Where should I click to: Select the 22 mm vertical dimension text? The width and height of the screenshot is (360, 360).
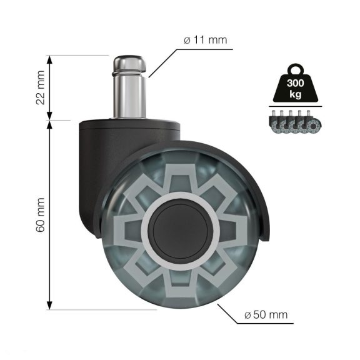tap(41, 87)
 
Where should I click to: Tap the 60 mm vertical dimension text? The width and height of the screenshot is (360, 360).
tap(41, 214)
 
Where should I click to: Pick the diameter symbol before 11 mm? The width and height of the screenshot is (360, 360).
tap(187, 41)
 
